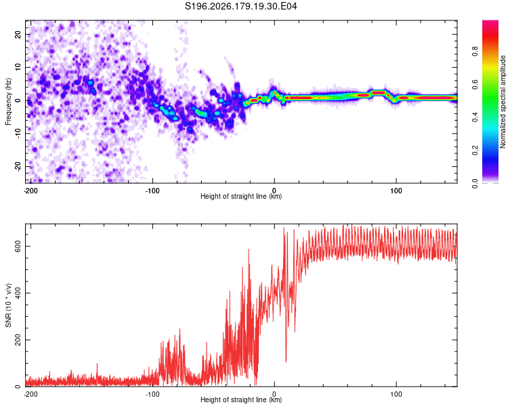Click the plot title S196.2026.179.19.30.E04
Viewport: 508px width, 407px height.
click(x=240, y=6)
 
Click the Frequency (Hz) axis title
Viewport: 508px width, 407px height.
click(x=8, y=102)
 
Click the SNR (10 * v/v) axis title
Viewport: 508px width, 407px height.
click(x=8, y=305)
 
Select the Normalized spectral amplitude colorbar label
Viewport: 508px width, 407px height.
click(x=503, y=102)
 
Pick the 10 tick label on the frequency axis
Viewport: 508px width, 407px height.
click(x=18, y=67)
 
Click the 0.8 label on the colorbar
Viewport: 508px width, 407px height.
click(x=475, y=51)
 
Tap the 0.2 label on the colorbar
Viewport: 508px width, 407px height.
click(x=475, y=151)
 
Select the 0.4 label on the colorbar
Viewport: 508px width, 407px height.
click(x=475, y=117)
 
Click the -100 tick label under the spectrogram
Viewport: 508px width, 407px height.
click(x=152, y=191)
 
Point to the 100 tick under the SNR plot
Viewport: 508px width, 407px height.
click(x=396, y=394)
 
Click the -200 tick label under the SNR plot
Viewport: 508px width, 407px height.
click(x=30, y=394)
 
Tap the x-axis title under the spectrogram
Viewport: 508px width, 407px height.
click(x=241, y=196)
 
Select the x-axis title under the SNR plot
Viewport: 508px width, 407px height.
click(x=241, y=400)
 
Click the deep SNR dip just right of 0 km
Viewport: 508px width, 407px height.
click(x=286, y=361)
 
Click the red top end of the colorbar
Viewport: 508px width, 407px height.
click(x=490, y=22)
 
